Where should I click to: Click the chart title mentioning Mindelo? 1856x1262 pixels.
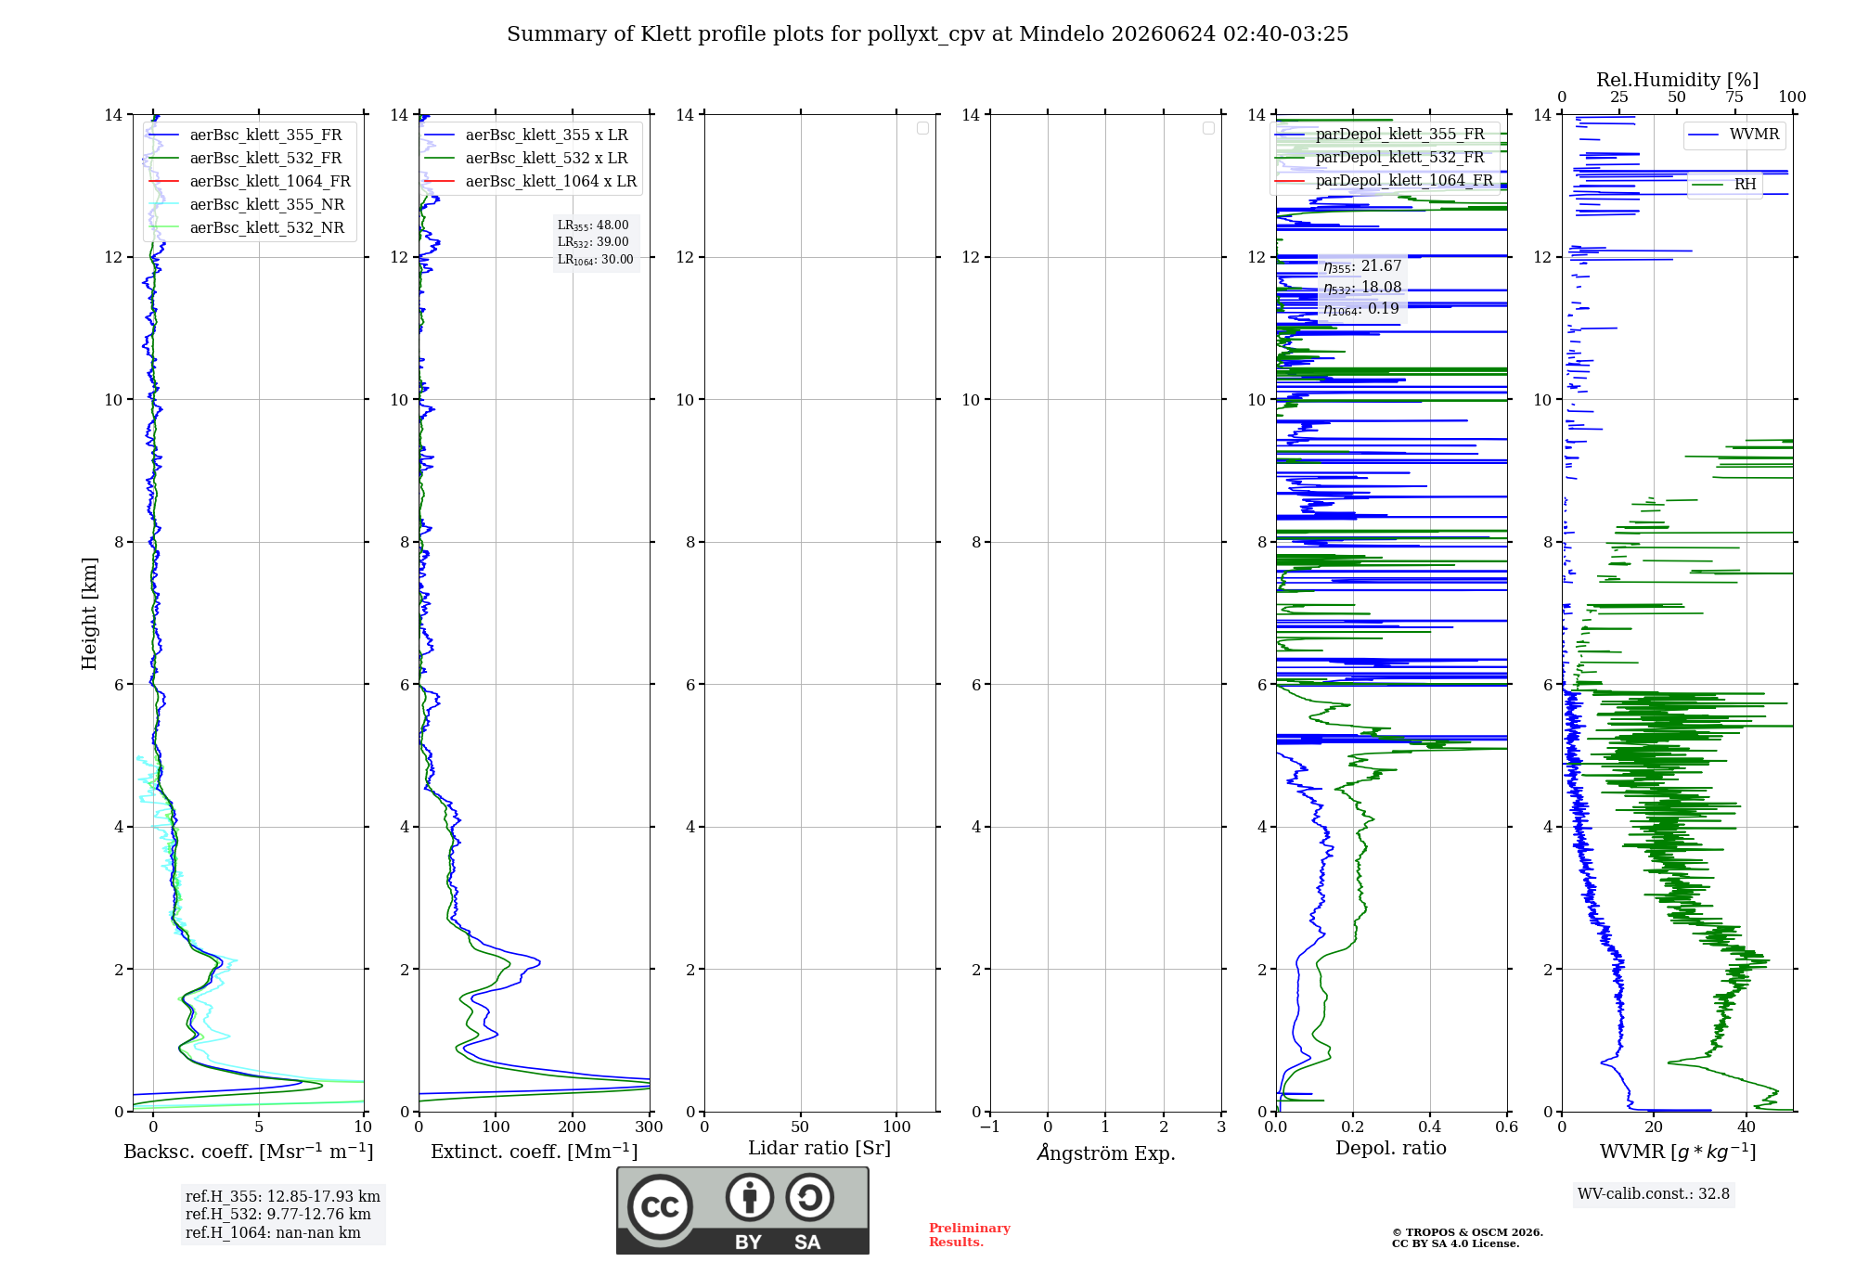click(927, 34)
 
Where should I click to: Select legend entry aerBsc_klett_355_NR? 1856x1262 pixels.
click(247, 204)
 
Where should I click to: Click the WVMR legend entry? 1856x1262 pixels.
click(1734, 135)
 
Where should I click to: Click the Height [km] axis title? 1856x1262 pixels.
click(89, 613)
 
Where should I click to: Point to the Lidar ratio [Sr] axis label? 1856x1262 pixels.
click(819, 1148)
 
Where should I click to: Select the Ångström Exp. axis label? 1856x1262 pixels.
click(1106, 1153)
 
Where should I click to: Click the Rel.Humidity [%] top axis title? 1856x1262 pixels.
click(1677, 80)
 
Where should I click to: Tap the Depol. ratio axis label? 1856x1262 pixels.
click(1391, 1148)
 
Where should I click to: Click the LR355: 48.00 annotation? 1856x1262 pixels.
click(593, 225)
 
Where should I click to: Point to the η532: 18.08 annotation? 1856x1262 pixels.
click(1362, 288)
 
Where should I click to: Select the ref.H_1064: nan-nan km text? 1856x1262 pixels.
click(273, 1232)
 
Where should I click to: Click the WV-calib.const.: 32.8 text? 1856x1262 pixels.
click(1654, 1193)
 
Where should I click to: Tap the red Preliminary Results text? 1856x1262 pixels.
click(970, 1235)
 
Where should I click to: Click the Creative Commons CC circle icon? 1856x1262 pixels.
click(660, 1207)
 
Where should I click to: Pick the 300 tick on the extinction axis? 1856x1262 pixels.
click(649, 1127)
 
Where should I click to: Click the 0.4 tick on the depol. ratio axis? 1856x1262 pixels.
click(1430, 1127)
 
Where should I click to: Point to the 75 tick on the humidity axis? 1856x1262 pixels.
click(1734, 97)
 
